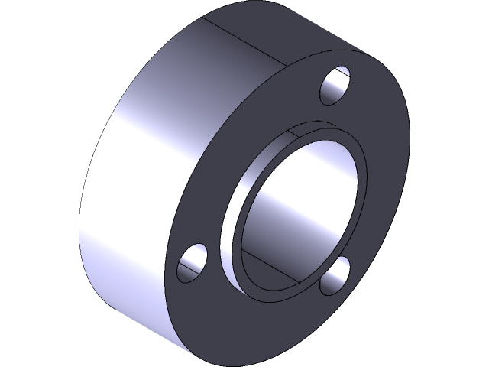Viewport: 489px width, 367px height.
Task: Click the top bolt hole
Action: [335, 86]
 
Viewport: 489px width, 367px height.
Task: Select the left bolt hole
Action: [193, 262]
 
